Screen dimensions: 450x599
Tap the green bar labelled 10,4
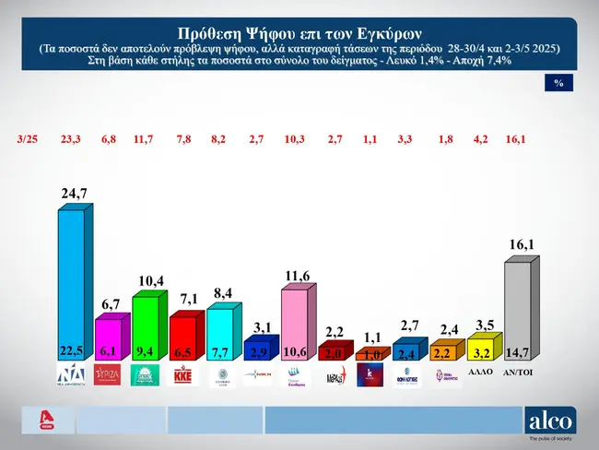(144, 323)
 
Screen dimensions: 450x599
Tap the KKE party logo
(182, 376)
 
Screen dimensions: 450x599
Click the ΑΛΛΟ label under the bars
(479, 373)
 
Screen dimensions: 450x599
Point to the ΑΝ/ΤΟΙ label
(517, 373)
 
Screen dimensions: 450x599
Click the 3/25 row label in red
(29, 141)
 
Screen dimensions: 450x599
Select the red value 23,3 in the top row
(70, 141)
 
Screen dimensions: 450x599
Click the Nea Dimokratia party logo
(70, 375)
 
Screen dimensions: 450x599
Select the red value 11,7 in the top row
(145, 141)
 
